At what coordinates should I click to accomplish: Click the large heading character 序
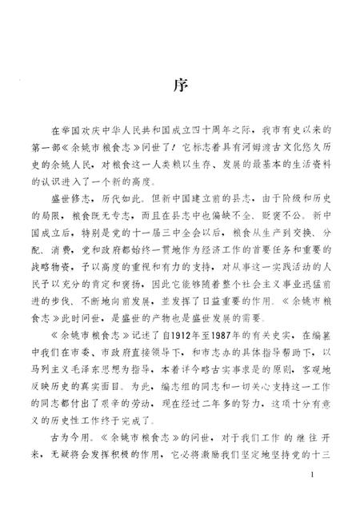click(180, 86)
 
